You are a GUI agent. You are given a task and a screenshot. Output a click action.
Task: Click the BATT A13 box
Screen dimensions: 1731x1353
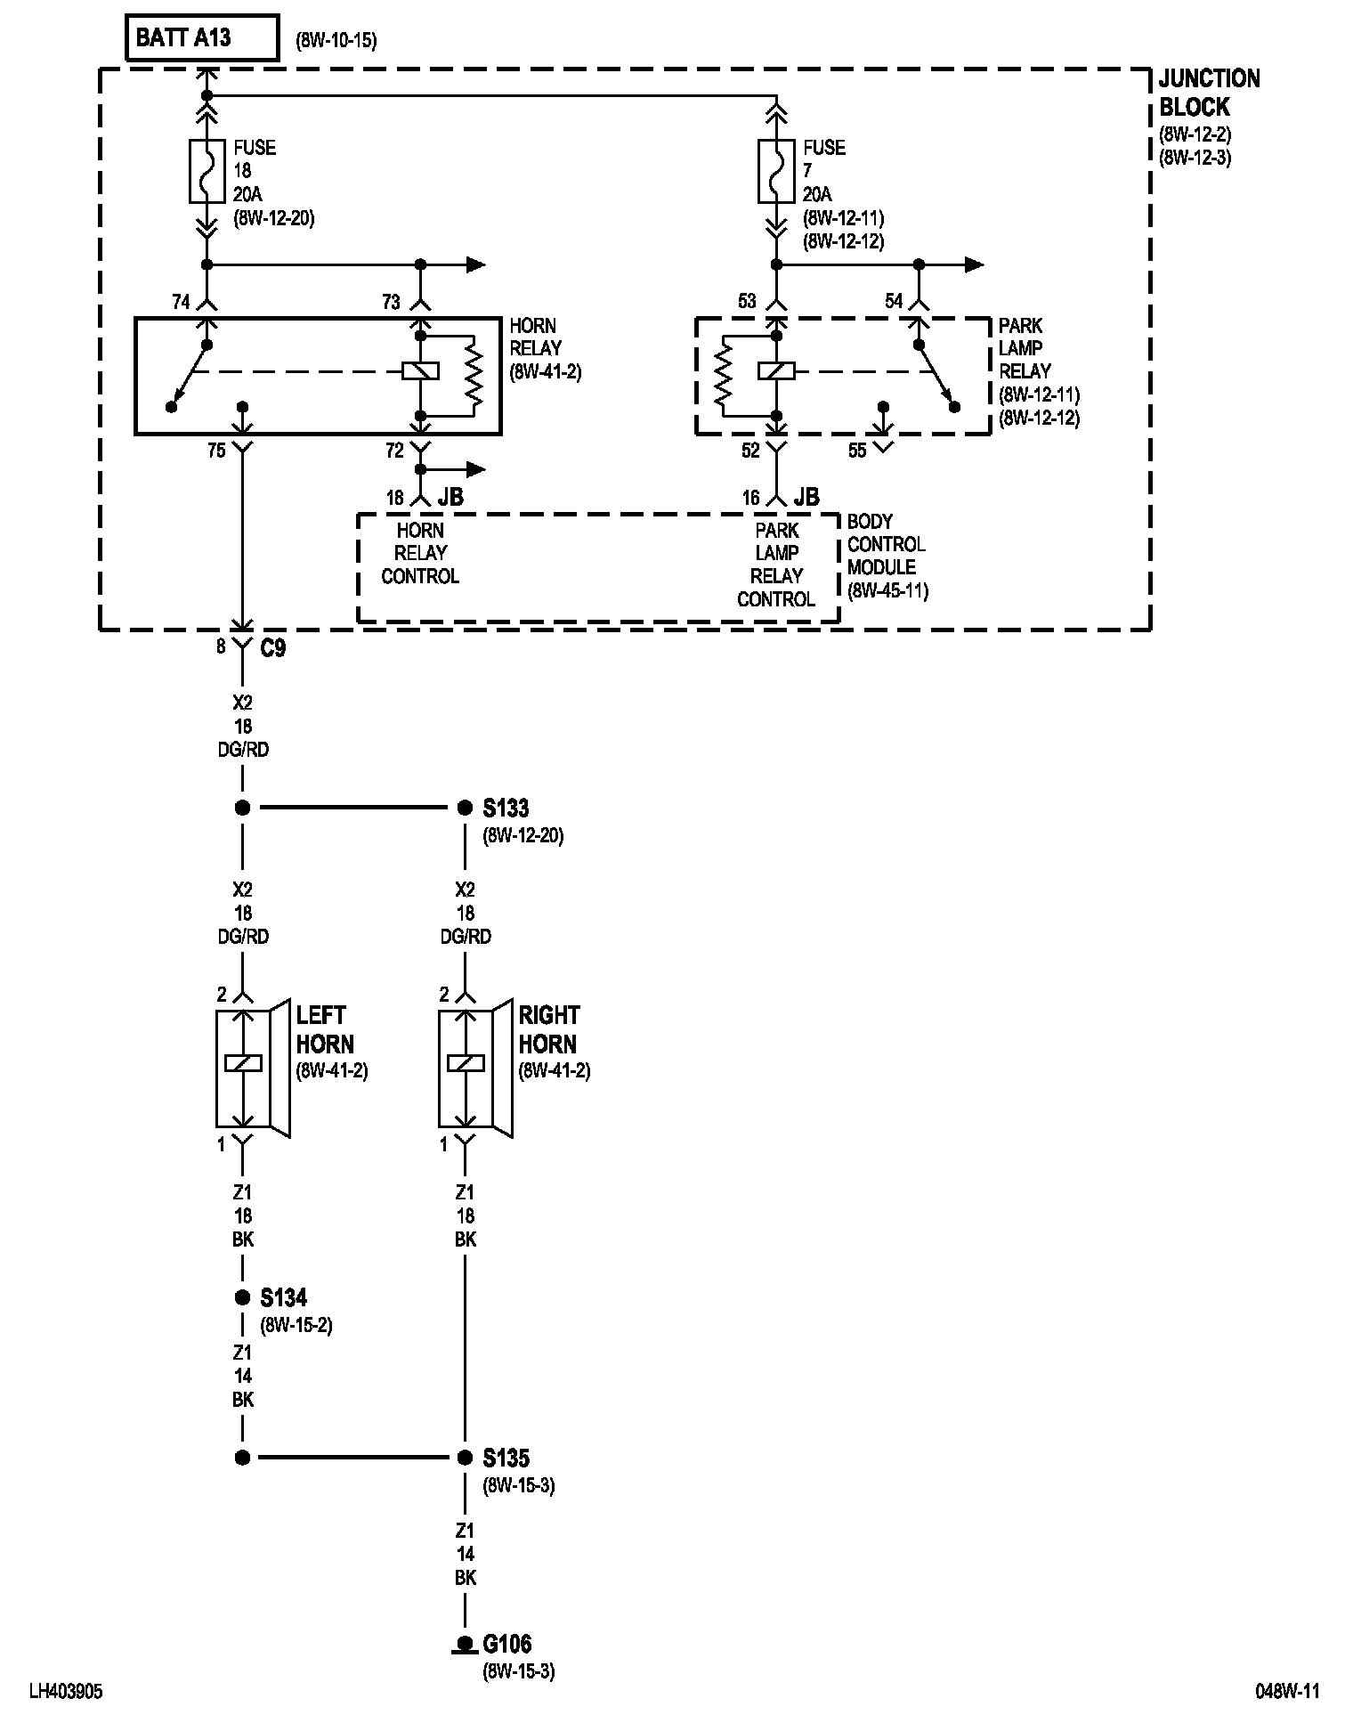coord(202,38)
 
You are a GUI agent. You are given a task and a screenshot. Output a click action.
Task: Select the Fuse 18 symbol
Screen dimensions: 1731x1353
coord(207,170)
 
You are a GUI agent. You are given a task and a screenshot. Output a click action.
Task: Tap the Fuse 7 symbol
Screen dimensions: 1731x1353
coord(776,170)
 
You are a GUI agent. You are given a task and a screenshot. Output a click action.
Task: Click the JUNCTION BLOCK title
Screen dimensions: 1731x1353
coord(1208,93)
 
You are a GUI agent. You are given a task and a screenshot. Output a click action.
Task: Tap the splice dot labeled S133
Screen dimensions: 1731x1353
coord(464,808)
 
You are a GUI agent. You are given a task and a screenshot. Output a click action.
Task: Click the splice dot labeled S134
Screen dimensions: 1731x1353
coord(242,1297)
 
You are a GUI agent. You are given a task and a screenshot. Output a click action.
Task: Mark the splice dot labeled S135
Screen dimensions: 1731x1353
coord(464,1458)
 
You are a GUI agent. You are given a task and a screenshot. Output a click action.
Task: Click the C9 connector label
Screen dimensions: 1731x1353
coord(272,648)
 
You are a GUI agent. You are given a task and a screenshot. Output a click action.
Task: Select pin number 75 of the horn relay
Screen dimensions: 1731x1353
coord(216,451)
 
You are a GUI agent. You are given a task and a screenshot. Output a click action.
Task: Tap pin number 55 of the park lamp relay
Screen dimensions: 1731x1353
coord(857,451)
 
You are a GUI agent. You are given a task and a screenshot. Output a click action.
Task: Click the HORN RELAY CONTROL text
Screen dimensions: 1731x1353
coord(420,553)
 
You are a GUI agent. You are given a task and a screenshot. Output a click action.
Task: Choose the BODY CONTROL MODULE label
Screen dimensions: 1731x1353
coord(886,544)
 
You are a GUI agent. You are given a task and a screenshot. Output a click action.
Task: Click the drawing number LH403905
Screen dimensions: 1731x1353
coord(66,1692)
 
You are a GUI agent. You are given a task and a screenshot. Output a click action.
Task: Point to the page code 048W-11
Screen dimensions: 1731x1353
coord(1287,1692)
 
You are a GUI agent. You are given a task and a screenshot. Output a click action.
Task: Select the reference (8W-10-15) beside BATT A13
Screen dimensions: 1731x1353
coord(336,41)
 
